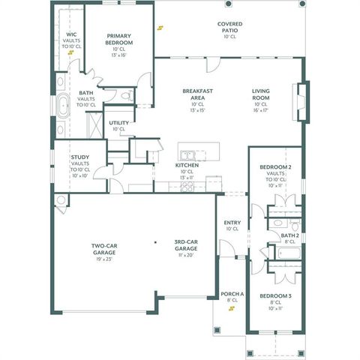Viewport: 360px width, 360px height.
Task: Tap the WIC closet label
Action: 70,34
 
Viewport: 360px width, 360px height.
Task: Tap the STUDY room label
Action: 80,157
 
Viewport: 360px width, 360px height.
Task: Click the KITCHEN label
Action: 186,165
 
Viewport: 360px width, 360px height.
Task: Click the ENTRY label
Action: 232,223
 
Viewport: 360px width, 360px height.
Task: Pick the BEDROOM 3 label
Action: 275,296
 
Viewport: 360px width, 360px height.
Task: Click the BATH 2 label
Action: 290,235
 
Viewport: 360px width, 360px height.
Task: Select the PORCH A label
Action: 232,294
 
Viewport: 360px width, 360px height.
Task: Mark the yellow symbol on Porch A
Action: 232,313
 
